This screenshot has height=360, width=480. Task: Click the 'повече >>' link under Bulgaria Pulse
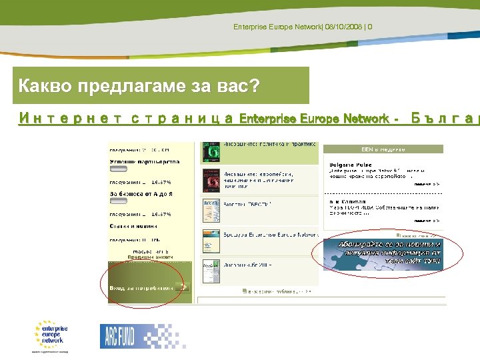point(426,183)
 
